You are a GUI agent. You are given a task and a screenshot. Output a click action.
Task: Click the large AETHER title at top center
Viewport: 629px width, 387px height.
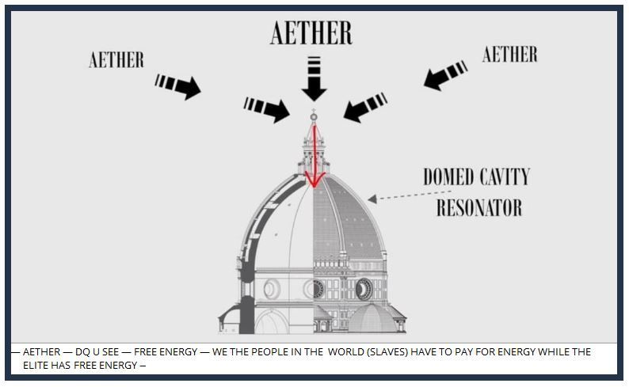(x=311, y=32)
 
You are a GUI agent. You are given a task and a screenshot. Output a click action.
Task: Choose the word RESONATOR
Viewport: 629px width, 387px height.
(x=479, y=207)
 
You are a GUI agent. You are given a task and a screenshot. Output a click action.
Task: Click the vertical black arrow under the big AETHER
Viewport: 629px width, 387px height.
(x=314, y=80)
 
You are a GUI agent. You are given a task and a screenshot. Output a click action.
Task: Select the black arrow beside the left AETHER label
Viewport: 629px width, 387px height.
(x=178, y=85)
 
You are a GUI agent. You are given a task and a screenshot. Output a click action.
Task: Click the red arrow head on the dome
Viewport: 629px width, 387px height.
(x=314, y=180)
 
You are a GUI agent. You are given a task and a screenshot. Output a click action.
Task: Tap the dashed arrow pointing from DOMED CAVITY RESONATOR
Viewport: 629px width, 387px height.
(x=408, y=195)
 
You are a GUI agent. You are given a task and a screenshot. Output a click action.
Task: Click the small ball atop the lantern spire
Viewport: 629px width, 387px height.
(x=314, y=117)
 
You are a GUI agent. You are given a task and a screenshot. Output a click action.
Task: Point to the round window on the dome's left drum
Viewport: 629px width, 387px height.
(x=272, y=288)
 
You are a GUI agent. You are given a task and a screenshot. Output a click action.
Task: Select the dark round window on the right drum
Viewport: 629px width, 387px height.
(x=364, y=288)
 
